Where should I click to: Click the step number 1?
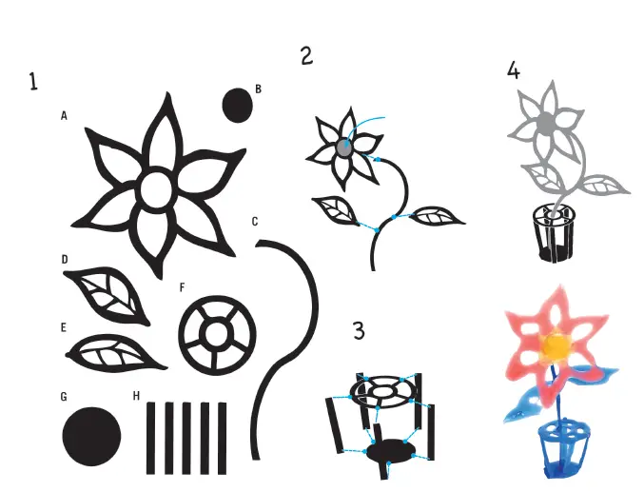point(33,83)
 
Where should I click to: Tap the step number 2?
point(306,56)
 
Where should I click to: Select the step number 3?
point(359,330)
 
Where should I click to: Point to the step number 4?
point(515,70)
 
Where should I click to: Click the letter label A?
point(64,116)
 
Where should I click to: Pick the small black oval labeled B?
point(237,105)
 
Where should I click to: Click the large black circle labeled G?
point(92,437)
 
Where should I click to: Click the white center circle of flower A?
point(155,190)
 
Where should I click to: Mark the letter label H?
point(137,397)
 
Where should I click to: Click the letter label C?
point(255,222)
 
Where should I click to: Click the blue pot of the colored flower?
point(558,448)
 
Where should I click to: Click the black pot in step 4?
point(553,232)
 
